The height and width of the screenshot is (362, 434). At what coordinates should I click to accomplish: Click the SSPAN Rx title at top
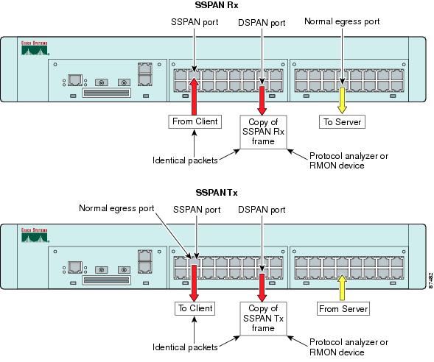click(213, 7)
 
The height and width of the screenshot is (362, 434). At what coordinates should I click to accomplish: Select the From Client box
click(195, 121)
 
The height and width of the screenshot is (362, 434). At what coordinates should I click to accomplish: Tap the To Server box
click(342, 121)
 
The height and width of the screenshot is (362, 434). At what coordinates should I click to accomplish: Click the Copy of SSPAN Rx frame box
click(263, 132)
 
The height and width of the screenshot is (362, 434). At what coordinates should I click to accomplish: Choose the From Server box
click(342, 308)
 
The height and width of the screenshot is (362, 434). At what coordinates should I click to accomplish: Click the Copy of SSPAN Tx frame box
click(263, 319)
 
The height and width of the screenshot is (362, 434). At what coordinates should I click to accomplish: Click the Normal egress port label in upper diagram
click(342, 21)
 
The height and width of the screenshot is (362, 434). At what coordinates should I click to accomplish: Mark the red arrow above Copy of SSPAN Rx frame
click(263, 98)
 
